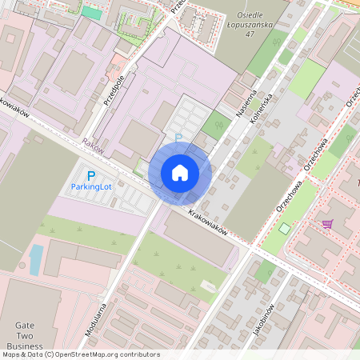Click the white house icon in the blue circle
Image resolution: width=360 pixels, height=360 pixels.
point(180,173)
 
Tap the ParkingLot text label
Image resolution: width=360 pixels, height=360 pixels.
point(91,186)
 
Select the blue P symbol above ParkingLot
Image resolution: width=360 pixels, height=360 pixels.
point(91,175)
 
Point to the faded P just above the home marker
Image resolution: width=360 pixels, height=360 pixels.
point(178,138)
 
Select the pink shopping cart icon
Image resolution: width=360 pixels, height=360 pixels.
point(327,223)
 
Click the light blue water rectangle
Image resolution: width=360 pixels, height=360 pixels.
point(36,259)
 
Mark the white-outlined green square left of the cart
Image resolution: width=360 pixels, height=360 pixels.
point(286,229)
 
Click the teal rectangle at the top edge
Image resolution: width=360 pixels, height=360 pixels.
point(92,12)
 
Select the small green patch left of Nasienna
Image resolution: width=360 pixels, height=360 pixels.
point(214,125)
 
